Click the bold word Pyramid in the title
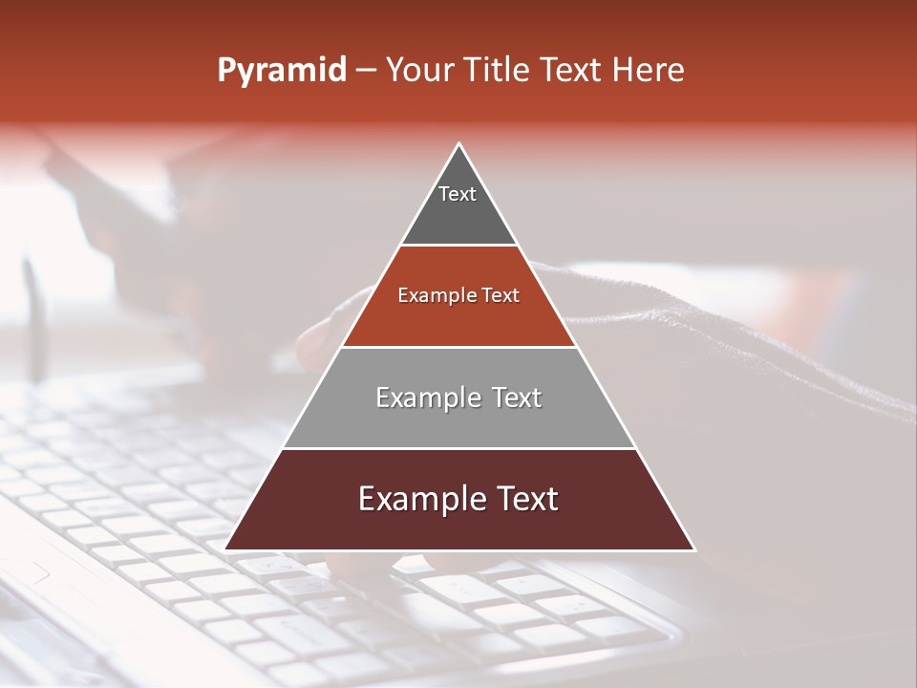tap(282, 71)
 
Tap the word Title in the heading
tap(500, 71)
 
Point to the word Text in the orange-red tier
tap(501, 296)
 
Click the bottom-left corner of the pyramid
tap(226, 548)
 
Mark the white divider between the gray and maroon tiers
tap(458, 448)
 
